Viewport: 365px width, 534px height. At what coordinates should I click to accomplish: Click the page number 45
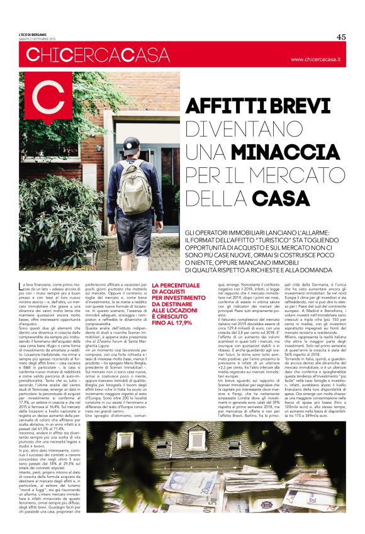pos(341,36)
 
